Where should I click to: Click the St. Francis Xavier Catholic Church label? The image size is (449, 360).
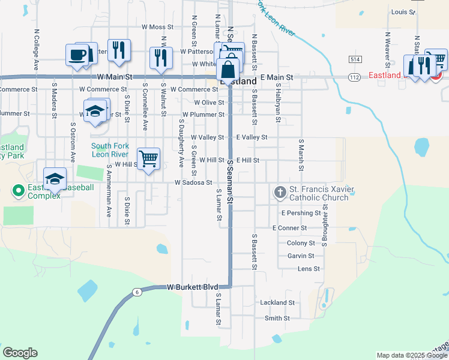point(319,194)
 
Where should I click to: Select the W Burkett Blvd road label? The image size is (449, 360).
point(192,287)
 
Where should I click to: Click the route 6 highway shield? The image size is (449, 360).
point(137,292)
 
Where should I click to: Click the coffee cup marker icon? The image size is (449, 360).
point(77,55)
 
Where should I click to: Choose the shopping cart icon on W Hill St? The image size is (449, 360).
point(148,159)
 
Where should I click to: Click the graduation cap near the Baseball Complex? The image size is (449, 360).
point(55,179)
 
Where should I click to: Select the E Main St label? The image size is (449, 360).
point(276,78)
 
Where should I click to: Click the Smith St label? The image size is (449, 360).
point(277,318)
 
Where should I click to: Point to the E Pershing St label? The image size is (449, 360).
point(301,213)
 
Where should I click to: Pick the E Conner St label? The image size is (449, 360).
point(289,228)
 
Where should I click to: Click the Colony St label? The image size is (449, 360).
point(301,243)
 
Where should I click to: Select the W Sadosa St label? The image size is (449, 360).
point(193,182)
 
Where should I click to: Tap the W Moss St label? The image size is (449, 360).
point(157,27)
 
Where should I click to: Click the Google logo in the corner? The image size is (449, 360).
point(20,353)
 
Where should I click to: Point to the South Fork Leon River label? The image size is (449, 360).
point(110,149)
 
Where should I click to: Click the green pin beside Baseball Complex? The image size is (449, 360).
point(17,192)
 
